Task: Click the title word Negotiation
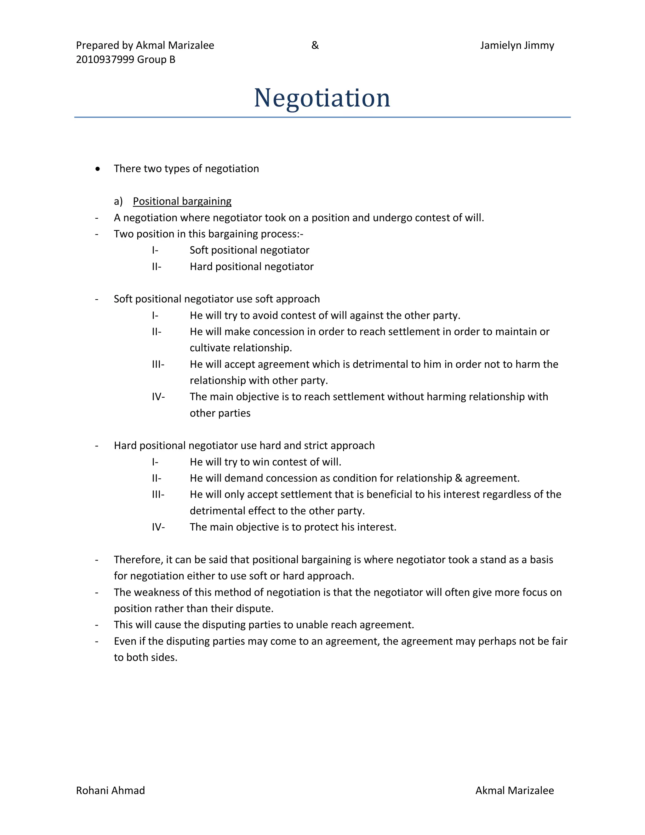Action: pyautogui.click(x=322, y=98)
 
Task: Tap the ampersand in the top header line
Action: pyautogui.click(x=315, y=45)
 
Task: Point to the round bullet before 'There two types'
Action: pyautogui.click(x=98, y=169)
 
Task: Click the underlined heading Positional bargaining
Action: pyautogui.click(x=182, y=201)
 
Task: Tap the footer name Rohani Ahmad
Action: pyautogui.click(x=111, y=790)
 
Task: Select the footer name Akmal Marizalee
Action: pyautogui.click(x=514, y=790)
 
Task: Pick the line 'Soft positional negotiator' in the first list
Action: pyautogui.click(x=249, y=250)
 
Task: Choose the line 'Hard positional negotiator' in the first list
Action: pyautogui.click(x=251, y=267)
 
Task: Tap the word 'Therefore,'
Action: pyautogui.click(x=138, y=560)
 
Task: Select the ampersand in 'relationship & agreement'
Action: pyautogui.click(x=458, y=478)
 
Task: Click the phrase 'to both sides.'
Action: pyautogui.click(x=146, y=657)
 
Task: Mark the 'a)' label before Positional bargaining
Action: pyautogui.click(x=118, y=201)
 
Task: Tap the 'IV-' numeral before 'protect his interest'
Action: pyautogui.click(x=158, y=527)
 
